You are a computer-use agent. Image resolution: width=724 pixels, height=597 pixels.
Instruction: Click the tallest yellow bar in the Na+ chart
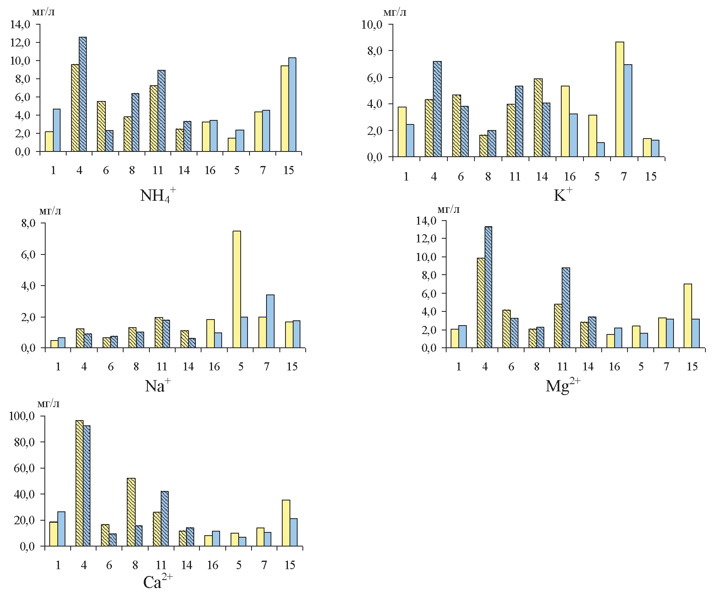[237, 289]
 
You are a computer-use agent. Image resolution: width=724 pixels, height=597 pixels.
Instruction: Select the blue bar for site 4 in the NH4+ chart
[83, 95]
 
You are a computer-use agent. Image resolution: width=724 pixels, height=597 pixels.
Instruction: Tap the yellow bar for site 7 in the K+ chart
[620, 99]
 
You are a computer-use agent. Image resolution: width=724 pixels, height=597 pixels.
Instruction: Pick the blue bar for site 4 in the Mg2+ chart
[488, 287]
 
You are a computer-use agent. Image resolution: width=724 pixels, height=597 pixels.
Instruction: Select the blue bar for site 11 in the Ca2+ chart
[165, 519]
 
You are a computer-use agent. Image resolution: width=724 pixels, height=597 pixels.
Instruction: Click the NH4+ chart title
[158, 196]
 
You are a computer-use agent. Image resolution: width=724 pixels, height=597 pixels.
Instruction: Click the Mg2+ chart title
[563, 386]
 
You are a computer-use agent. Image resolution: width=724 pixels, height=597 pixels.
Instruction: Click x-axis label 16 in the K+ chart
[569, 177]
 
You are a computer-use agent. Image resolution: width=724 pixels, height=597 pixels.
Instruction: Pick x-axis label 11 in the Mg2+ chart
[562, 366]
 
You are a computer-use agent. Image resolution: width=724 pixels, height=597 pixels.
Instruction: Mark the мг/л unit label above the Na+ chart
[50, 211]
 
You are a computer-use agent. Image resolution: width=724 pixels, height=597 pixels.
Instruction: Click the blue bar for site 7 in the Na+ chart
[270, 321]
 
